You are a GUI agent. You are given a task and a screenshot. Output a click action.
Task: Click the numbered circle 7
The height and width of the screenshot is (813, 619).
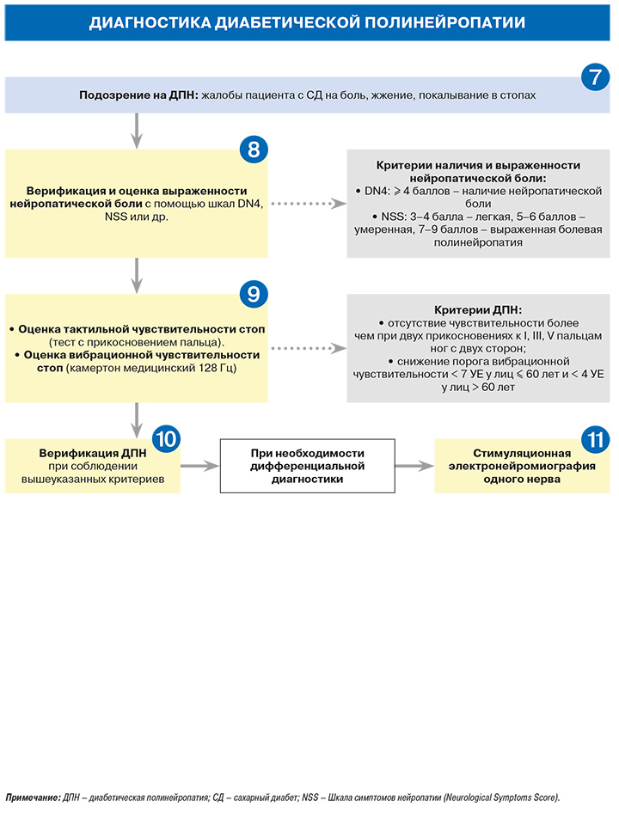pyautogui.click(x=595, y=76)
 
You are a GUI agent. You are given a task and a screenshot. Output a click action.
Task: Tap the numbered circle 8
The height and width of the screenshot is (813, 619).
pyautogui.click(x=254, y=150)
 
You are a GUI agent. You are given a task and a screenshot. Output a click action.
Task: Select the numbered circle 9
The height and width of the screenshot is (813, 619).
pyautogui.click(x=254, y=294)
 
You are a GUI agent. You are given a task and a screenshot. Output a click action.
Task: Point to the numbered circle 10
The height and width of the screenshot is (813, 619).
pyautogui.click(x=166, y=438)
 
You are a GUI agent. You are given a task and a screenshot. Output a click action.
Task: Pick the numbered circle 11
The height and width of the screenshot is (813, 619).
pyautogui.click(x=595, y=440)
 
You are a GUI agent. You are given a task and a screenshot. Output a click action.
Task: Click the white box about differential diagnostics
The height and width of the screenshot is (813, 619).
pyautogui.click(x=307, y=466)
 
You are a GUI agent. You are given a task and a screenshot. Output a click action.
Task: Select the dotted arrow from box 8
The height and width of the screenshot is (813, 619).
pyautogui.click(x=308, y=203)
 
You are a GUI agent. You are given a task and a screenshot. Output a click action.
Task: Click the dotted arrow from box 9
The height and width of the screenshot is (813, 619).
pyautogui.click(x=308, y=348)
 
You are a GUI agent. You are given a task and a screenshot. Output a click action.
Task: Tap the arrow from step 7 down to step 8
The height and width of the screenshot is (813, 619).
pyautogui.click(x=137, y=131)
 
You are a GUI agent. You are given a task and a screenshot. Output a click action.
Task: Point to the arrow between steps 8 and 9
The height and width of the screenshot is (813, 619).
pyautogui.click(x=137, y=276)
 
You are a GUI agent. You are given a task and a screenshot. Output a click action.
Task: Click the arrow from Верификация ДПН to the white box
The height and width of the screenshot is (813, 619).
pyautogui.click(x=199, y=466)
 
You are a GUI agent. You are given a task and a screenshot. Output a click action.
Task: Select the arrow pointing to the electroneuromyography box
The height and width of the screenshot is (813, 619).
pyautogui.click(x=414, y=466)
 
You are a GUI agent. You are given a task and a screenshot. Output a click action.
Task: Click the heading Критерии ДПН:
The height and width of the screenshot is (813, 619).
pyautogui.click(x=478, y=310)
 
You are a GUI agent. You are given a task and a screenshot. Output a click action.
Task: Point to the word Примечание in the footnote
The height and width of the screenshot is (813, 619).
pyautogui.click(x=32, y=798)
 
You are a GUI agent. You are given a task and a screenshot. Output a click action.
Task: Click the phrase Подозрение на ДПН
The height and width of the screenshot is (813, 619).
pyautogui.click(x=138, y=95)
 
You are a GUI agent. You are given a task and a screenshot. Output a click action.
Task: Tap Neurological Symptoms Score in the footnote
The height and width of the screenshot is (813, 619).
pyautogui.click(x=500, y=798)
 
